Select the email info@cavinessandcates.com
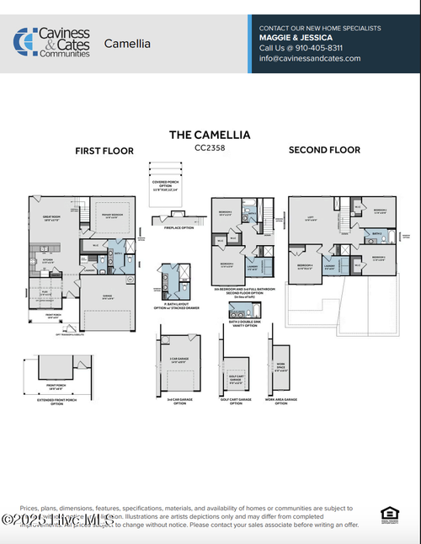tap(309, 58)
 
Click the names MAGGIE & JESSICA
tap(296, 38)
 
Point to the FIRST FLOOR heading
tap(104, 151)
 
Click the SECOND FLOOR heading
tap(324, 150)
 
